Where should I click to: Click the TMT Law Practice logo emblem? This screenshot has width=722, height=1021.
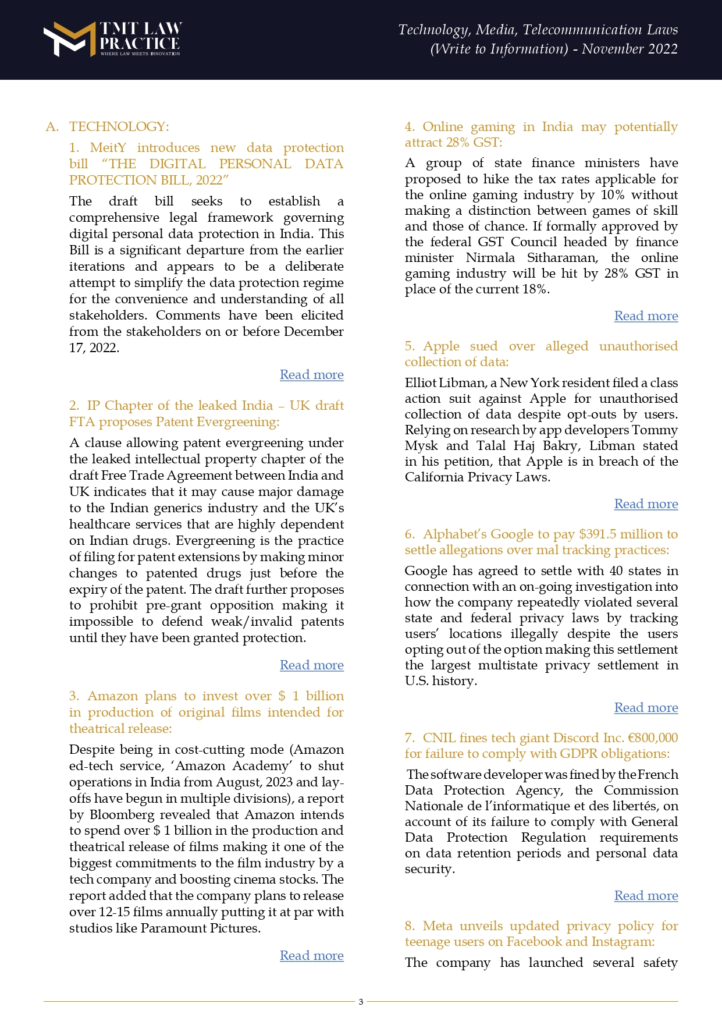(69, 39)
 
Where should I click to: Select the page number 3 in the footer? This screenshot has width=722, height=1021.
(361, 1002)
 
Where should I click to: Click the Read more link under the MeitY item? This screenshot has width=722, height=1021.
(311, 375)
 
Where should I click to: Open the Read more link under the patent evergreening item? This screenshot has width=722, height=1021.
(311, 665)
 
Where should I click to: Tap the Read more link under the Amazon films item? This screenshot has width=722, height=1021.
(311, 956)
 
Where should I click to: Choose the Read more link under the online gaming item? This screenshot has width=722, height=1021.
(646, 316)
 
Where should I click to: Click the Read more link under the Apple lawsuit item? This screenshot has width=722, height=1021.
(646, 504)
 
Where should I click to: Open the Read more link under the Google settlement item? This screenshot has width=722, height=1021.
(646, 708)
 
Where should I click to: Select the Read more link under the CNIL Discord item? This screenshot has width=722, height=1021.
(646, 896)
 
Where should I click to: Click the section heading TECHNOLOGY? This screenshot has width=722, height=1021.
(119, 127)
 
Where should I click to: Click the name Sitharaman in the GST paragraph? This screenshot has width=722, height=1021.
(562, 258)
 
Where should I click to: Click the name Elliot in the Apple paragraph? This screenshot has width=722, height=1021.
(420, 383)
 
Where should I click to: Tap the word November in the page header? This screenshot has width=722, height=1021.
(612, 49)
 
